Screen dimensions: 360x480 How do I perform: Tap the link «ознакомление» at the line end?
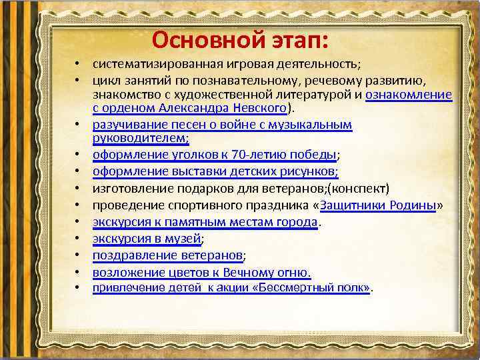[x=409, y=95]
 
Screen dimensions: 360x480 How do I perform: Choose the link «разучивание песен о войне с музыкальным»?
[x=222, y=125]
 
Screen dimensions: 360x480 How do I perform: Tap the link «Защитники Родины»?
[x=379, y=205]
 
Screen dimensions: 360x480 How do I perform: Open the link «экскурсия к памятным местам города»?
[x=205, y=221]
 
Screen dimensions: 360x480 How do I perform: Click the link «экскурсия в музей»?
[x=147, y=238]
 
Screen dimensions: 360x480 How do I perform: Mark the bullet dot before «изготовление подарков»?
[x=78, y=188]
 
